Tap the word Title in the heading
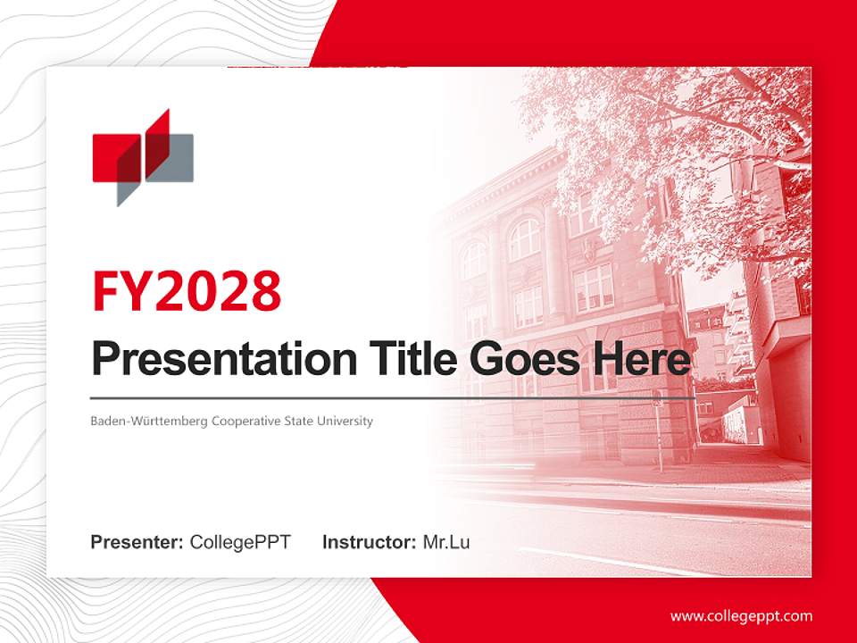click(411, 359)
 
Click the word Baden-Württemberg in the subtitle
click(149, 421)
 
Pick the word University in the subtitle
click(345, 421)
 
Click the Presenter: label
click(137, 542)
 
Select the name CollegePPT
click(240, 542)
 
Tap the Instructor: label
click(369, 542)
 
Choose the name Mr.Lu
click(446, 542)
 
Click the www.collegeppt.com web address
click(741, 616)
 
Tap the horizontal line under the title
click(393, 397)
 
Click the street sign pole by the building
click(659, 438)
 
